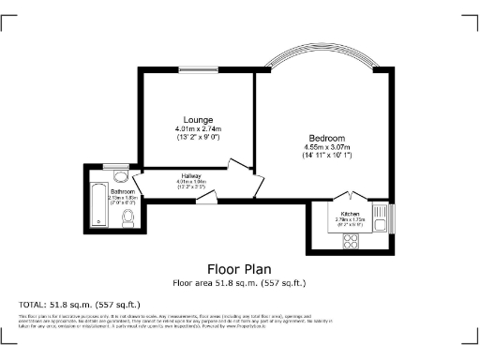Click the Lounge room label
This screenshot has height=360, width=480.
(197, 120)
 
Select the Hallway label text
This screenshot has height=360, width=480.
(192, 175)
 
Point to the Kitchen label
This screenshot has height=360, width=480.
(349, 213)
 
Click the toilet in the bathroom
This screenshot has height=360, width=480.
(128, 217)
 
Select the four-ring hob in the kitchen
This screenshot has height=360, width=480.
(351, 241)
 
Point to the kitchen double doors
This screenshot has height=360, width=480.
(349, 198)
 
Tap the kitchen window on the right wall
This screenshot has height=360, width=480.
(393, 217)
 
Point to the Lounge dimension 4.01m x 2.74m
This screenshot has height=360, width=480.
(197, 128)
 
